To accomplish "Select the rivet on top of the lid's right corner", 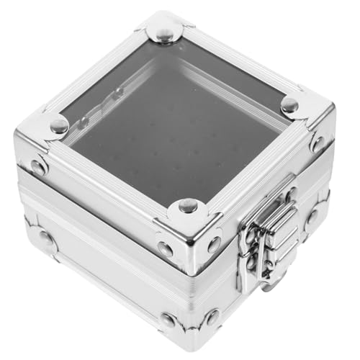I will (289, 105).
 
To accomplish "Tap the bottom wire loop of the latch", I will (268, 277).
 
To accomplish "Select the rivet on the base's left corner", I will (48, 238).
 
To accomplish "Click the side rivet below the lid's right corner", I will (316, 143).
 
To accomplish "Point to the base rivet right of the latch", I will (311, 216).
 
